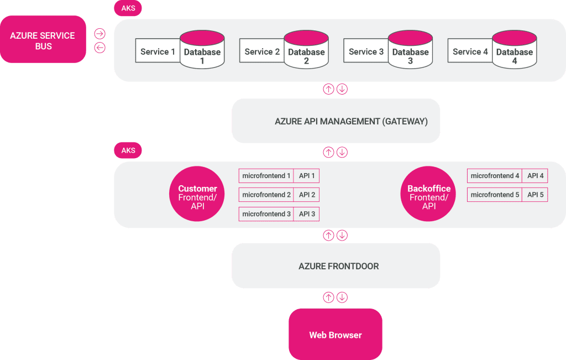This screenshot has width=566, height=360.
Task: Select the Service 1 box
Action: click(x=158, y=52)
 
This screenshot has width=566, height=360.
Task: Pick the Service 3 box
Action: click(x=366, y=52)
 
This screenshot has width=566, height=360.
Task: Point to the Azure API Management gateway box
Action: click(x=336, y=121)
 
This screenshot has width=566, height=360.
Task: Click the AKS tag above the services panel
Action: click(x=128, y=8)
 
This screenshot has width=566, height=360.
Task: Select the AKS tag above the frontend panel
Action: click(x=128, y=150)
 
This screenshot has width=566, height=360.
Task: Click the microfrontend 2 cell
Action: click(x=266, y=195)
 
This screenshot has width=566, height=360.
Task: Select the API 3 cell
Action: click(x=307, y=213)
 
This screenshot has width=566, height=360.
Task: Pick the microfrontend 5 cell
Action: click(x=495, y=195)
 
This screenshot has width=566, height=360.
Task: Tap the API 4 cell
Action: click(x=535, y=176)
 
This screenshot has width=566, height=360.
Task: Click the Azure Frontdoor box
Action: click(x=336, y=266)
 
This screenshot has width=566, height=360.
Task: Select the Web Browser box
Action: click(x=335, y=335)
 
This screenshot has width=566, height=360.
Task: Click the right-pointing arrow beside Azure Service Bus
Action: click(x=99, y=34)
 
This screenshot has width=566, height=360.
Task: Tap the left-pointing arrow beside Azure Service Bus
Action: click(x=99, y=48)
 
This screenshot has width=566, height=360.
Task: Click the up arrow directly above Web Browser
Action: click(x=328, y=298)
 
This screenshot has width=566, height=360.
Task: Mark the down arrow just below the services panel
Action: click(x=342, y=89)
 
